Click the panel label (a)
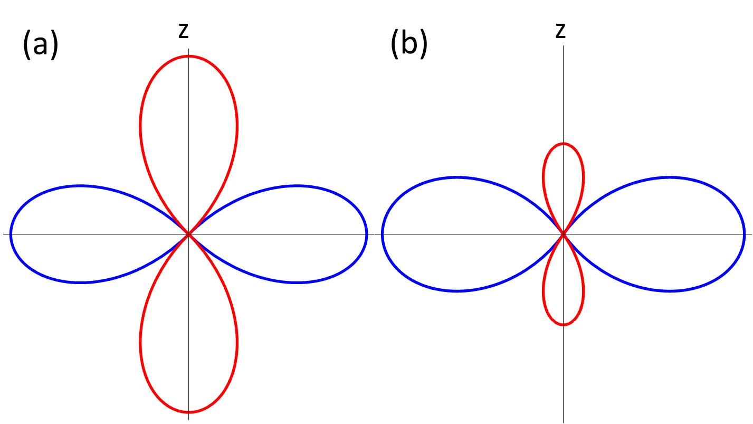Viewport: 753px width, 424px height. click(x=40, y=44)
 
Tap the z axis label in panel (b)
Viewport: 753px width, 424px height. click(x=560, y=31)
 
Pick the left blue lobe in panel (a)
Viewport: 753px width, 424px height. click(x=79, y=234)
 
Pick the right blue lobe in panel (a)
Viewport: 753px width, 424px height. click(x=298, y=234)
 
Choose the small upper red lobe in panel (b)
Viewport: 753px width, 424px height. click(x=564, y=174)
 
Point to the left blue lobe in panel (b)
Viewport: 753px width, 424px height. click(x=456, y=234)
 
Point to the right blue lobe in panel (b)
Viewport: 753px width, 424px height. click(x=670, y=234)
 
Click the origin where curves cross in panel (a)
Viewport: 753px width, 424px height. click(x=188, y=234)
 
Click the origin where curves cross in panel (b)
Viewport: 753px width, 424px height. click(x=564, y=234)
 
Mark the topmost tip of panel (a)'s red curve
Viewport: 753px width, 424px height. click(x=188, y=56)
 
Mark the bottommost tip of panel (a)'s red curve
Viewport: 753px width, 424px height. click(x=188, y=412)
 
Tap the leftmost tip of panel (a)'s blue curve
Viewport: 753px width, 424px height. click(x=11, y=234)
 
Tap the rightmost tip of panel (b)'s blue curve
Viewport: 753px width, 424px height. click(x=744, y=234)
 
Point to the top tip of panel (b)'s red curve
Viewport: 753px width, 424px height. click(x=564, y=144)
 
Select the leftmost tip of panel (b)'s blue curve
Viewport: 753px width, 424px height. click(x=383, y=234)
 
